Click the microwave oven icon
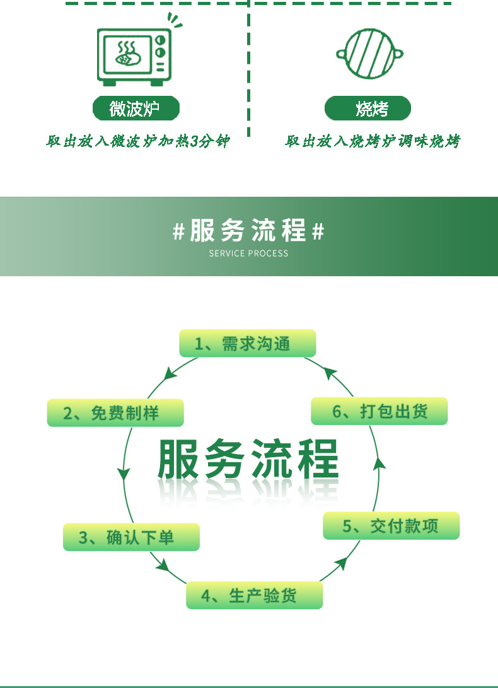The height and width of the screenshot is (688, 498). coord(134,56)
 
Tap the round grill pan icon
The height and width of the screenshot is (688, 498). coord(369,54)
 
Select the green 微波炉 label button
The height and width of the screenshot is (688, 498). coord(136,108)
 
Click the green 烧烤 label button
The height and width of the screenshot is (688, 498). coord(368,108)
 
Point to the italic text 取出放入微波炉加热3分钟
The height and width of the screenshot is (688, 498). coord(137,141)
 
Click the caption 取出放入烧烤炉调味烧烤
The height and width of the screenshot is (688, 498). coord(372,141)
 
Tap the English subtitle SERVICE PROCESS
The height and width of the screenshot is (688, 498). coord(248,254)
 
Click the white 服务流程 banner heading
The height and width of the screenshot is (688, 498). coord(248,231)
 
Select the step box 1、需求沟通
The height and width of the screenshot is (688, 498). coord(247,344)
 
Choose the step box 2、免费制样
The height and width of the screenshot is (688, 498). coord(115,413)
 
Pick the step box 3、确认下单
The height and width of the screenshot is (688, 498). coord(131,537)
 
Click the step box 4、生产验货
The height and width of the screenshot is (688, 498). coord(254,595)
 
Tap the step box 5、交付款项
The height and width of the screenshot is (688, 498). coord(391,526)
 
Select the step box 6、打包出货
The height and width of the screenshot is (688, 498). coord(379,411)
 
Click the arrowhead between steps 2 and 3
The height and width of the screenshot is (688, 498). coord(124,474)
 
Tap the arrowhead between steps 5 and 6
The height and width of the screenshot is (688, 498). coord(379,465)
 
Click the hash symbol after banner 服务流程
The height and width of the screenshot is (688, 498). coord(318,232)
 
